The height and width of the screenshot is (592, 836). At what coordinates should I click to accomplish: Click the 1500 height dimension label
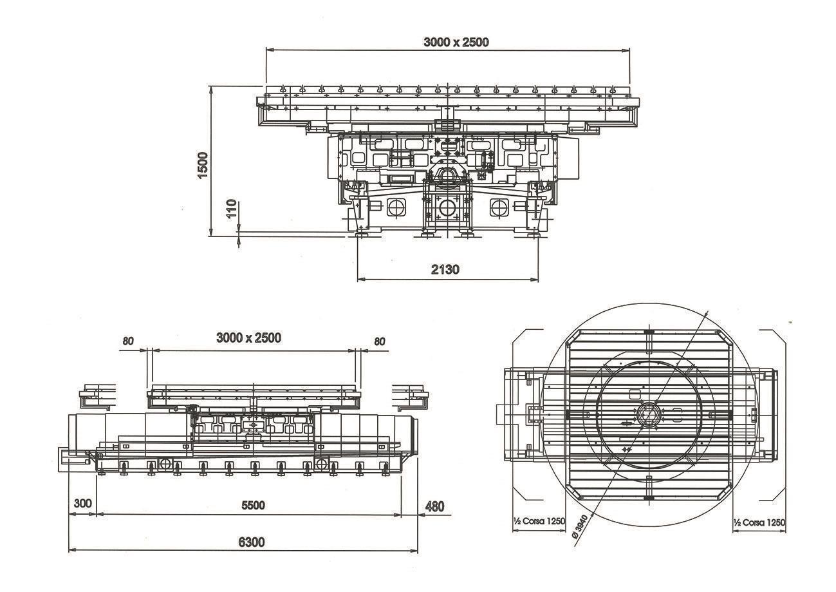(x=203, y=165)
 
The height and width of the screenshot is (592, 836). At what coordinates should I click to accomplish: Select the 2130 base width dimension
(x=445, y=269)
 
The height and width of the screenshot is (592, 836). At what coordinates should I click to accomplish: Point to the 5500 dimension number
(x=253, y=505)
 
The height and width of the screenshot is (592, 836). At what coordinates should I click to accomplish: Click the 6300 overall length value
(x=251, y=542)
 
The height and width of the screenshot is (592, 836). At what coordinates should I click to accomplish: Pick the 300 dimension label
(x=83, y=503)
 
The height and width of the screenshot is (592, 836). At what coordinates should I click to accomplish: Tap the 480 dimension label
(x=435, y=506)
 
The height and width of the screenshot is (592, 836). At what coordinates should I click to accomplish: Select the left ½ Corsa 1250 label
(x=539, y=521)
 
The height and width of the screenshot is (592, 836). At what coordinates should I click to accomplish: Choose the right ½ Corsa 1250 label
(x=759, y=522)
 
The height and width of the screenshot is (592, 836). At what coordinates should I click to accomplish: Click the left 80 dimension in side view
(x=127, y=341)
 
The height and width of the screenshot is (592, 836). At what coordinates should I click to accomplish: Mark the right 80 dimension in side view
(x=379, y=341)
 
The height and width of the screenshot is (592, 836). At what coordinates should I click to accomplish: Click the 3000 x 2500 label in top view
(x=456, y=43)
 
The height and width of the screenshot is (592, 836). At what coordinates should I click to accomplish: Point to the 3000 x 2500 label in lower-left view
(x=248, y=338)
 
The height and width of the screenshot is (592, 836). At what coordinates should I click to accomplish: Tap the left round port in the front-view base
(x=395, y=207)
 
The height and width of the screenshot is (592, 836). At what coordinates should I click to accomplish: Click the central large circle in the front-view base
(x=446, y=207)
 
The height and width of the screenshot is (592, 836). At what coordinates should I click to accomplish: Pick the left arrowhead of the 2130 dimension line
(x=359, y=279)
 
